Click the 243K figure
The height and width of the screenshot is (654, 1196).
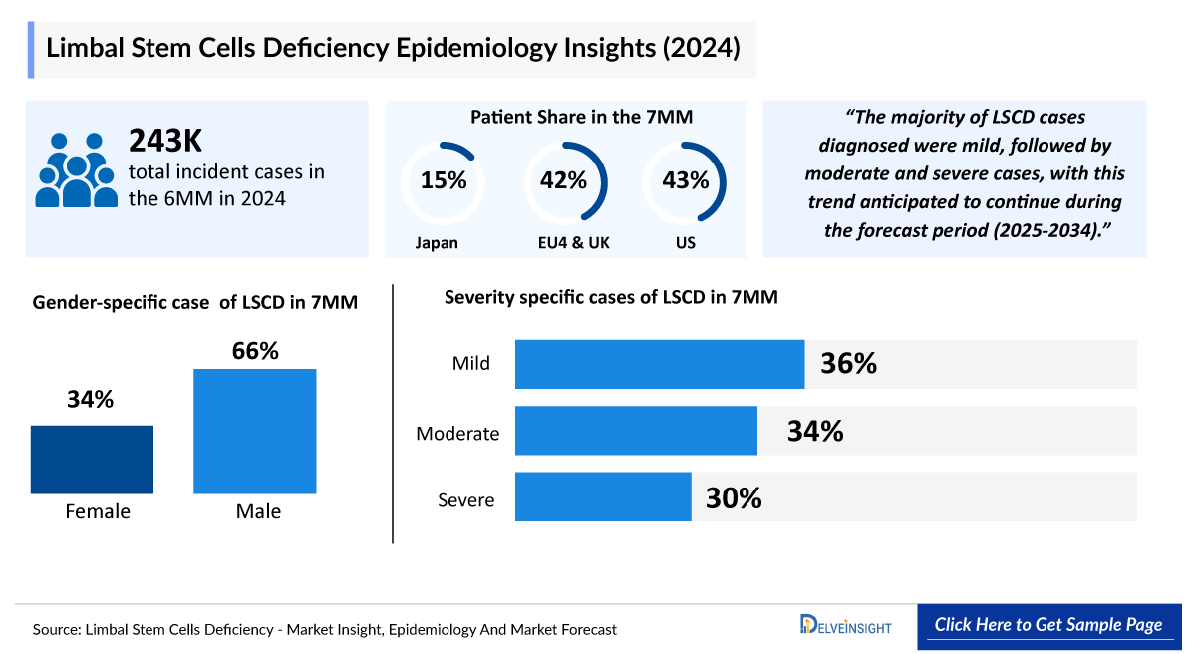[x=165, y=142]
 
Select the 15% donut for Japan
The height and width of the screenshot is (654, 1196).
[x=444, y=181]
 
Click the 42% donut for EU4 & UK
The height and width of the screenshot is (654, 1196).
[x=564, y=181]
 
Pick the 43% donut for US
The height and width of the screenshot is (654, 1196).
[x=685, y=181]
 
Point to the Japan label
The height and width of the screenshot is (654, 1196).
[x=438, y=242]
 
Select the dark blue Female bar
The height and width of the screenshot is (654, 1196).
[x=92, y=460]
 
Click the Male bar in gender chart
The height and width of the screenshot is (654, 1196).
[x=255, y=431]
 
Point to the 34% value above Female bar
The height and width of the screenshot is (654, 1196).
[x=91, y=400]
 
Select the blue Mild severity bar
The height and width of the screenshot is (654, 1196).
[x=659, y=364]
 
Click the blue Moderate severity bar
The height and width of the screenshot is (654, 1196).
[x=636, y=431]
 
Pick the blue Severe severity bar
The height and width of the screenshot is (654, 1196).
[x=603, y=496]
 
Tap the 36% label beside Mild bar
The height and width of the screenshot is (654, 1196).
[x=848, y=364]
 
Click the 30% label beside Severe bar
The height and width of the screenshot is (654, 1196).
[x=734, y=497]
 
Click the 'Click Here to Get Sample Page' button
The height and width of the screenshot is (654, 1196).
[x=1047, y=625]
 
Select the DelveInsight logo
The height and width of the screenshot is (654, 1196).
[x=845, y=626]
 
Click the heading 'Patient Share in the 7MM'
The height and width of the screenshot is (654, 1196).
[x=581, y=118]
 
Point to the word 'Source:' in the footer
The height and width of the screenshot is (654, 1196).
[x=56, y=630]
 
